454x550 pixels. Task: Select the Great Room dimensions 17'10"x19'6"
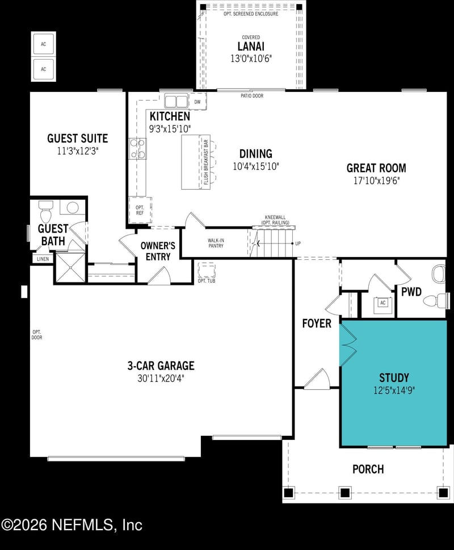pyautogui.click(x=376, y=181)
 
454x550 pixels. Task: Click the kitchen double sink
pyautogui.click(x=176, y=102)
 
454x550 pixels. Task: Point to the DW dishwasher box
pyautogui.click(x=197, y=102)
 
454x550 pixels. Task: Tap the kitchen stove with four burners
pyautogui.click(x=138, y=149)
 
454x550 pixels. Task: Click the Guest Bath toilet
pyautogui.click(x=46, y=215)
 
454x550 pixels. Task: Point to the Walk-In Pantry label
pyautogui.click(x=215, y=243)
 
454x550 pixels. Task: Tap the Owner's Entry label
pyautogui.click(x=158, y=251)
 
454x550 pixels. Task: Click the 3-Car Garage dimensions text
pyautogui.click(x=161, y=377)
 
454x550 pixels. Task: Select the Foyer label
pyautogui.click(x=317, y=324)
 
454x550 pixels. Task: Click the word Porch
pyautogui.click(x=368, y=469)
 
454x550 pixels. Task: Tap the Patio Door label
pyautogui.click(x=252, y=96)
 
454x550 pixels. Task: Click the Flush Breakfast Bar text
pyautogui.click(x=207, y=163)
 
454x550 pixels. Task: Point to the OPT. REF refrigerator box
pyautogui.click(x=140, y=211)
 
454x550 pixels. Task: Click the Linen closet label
pyautogui.click(x=43, y=259)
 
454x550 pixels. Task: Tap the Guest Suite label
pyautogui.click(x=77, y=138)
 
